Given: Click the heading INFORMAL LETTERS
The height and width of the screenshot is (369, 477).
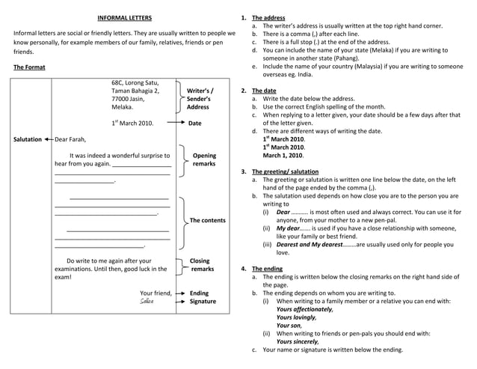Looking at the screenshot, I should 125,18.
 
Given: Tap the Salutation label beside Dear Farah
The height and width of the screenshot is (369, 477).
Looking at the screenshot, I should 28,139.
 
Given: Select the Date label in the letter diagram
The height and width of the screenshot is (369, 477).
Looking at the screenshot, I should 195,123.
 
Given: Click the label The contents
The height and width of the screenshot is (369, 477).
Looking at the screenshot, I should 207,220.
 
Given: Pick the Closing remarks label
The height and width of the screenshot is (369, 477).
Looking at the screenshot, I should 202,265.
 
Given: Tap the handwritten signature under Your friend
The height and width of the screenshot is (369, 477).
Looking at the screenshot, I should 147,302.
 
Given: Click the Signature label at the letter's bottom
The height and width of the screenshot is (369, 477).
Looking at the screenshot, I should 203,302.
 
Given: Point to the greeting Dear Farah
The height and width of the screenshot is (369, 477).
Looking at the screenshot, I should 71,139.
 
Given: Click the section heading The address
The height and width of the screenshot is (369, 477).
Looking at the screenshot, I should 267,17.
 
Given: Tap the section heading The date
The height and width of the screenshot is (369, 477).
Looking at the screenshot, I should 264,91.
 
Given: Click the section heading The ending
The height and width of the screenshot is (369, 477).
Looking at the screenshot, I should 267,268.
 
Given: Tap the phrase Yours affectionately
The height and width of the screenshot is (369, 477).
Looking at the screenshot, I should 304,309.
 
